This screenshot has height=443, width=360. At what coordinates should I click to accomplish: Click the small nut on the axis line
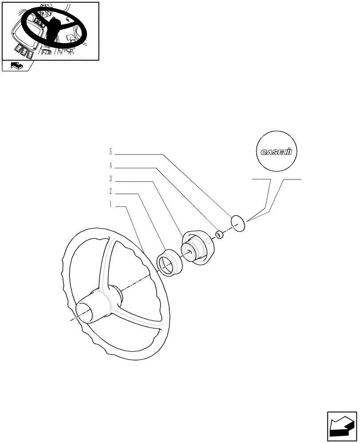[x=219, y=234]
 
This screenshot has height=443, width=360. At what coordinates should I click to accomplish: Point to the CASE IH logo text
[x=276, y=152]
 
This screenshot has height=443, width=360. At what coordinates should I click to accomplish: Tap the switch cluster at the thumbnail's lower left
[x=25, y=51]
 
